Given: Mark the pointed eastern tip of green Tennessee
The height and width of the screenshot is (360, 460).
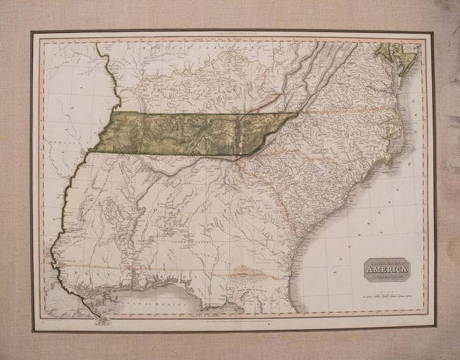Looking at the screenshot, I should point(296,114).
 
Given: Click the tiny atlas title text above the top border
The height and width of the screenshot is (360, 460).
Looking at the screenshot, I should point(232,35).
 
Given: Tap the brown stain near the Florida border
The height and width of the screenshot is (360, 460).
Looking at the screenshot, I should point(243,271).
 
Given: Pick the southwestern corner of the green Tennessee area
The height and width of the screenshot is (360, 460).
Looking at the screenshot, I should point(94,150).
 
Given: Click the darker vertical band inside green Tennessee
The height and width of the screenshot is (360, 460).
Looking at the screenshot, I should point(236,134).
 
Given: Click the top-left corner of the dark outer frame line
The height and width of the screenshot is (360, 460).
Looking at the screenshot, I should point(32,32).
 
